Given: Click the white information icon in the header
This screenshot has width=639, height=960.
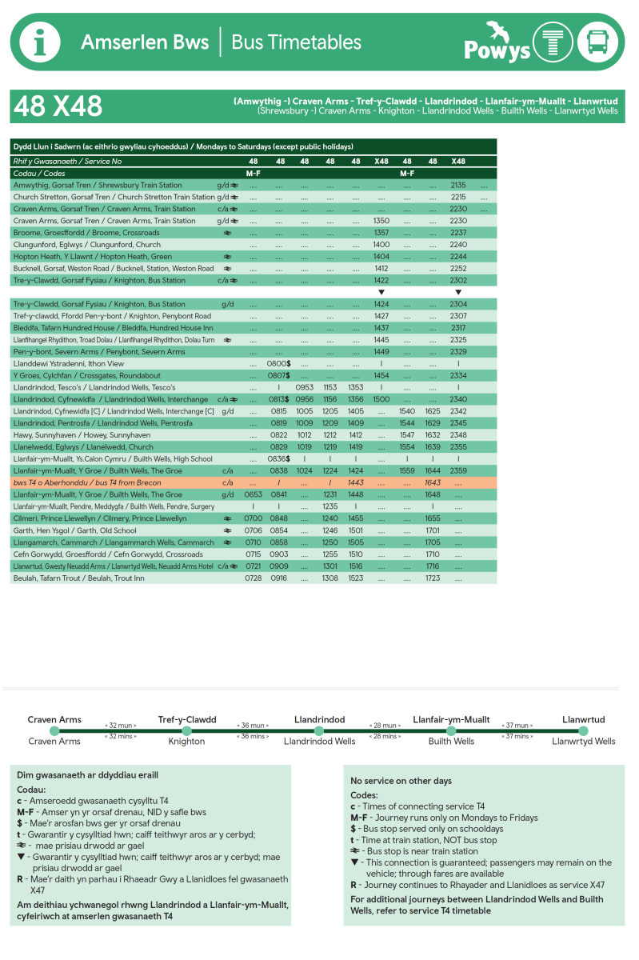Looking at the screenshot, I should coord(40,42).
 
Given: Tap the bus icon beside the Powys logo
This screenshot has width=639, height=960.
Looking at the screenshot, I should coord(597,42).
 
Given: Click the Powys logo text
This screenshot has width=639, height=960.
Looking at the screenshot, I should coord(497,50).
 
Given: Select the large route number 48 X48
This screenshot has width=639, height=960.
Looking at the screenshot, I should coord(58,106).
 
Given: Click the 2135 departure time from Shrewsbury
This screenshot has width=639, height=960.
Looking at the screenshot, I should coord(458,185).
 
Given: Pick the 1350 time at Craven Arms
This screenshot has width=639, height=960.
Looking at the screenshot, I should coord(381,221).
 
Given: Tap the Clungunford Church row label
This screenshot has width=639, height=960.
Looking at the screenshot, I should coord(86,245).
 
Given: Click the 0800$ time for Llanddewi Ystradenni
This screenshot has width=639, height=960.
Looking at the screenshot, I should coord(278,364).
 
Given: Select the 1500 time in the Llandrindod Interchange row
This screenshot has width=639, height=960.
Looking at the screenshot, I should coord(381,399).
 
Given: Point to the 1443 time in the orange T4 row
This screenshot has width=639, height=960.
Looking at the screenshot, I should coord(356,482).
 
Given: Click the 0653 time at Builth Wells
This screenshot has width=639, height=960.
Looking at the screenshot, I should coord(254,494).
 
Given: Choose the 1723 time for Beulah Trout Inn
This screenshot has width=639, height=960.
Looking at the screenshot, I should coord(433,578).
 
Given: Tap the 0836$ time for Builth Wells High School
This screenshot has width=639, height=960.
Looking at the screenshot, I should coord(278,458).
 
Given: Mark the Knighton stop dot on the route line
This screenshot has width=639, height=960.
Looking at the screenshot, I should coord(187,730).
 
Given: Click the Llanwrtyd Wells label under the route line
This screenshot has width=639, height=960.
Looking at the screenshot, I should coord(584,742).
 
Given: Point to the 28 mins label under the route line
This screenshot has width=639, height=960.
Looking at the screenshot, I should coord(385,736).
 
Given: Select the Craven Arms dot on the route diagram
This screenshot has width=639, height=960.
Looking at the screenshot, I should coord(54,730).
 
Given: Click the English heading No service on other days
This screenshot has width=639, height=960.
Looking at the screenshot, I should coord(401,781).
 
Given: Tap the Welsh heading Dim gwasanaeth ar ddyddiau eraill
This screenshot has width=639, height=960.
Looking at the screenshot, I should coord(87,775).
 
